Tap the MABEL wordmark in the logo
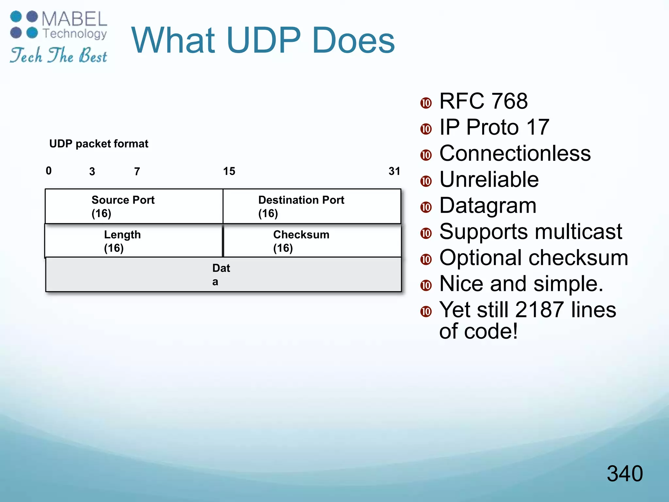click(74, 19)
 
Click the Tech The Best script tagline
click(58, 55)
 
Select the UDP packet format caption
click(99, 144)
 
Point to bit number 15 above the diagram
click(229, 171)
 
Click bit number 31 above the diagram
click(394, 171)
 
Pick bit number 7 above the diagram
click(137, 172)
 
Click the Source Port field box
click(134, 206)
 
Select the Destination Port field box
click(312, 206)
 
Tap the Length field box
click(133, 241)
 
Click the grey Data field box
click(223, 275)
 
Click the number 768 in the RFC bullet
click(509, 101)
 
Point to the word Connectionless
click(515, 153)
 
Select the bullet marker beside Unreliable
click(426, 181)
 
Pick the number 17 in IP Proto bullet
click(538, 127)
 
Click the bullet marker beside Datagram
click(426, 207)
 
